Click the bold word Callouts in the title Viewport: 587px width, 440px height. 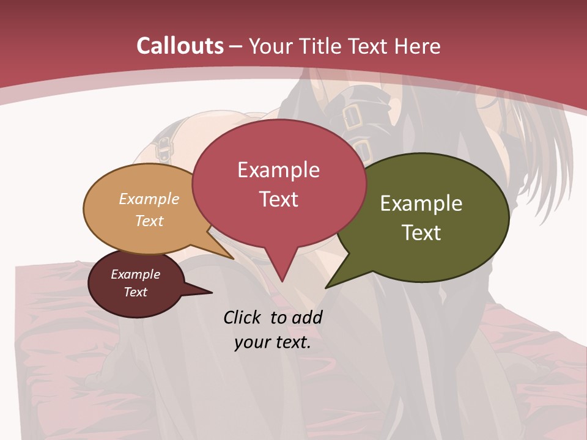click(180, 46)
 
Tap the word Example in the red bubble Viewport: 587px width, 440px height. click(278, 170)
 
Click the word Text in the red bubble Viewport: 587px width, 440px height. click(278, 199)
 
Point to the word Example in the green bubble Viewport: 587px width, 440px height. click(421, 204)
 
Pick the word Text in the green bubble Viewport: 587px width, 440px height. click(421, 233)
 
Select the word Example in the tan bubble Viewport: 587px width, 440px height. click(149, 199)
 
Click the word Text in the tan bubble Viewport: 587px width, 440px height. click(149, 221)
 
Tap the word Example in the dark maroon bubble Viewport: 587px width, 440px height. click(135, 274)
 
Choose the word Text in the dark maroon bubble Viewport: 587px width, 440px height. click(135, 292)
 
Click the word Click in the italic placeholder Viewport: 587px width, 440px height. click(243, 317)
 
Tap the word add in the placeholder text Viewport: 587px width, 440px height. click(307, 317)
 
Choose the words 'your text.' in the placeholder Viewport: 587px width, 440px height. click(273, 343)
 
